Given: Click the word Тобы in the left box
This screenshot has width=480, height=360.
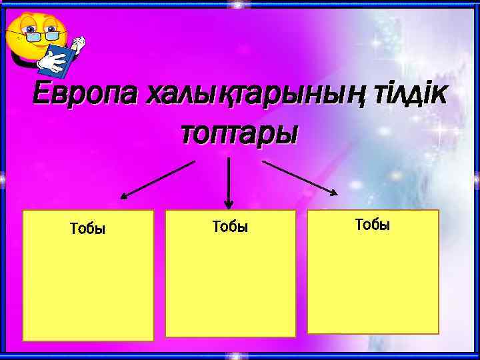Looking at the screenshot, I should (x=87, y=229).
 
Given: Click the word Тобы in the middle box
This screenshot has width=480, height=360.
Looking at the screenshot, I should (x=230, y=227).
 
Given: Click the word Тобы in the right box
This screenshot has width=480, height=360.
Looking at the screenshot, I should (x=373, y=225).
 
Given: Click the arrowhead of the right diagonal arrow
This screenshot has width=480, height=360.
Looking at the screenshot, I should (x=333, y=193).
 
